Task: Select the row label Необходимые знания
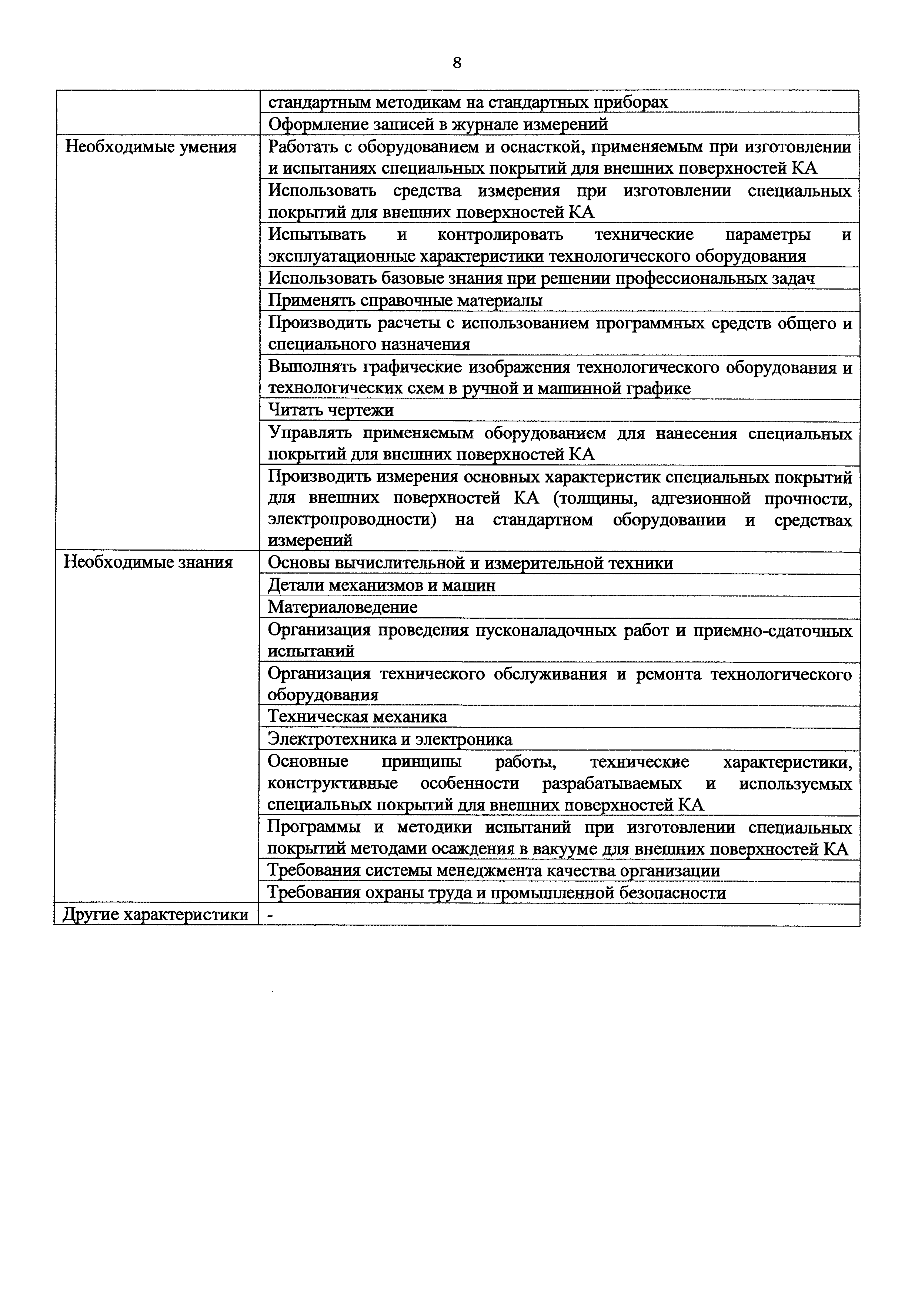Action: (148, 562)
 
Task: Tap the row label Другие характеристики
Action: (156, 915)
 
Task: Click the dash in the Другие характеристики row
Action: (270, 915)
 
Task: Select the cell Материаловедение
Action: (342, 607)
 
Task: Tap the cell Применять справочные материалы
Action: (405, 300)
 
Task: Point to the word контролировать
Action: (500, 234)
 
